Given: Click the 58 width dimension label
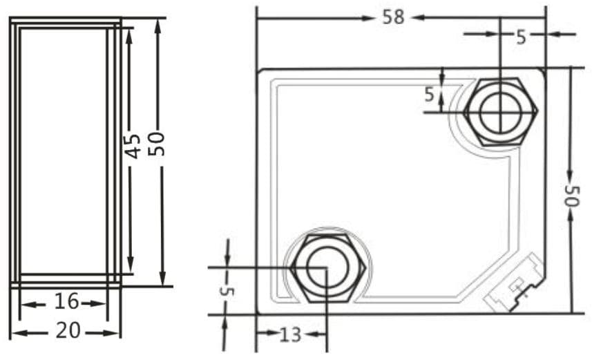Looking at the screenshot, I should tap(393, 17).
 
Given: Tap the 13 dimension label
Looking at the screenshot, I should tap(291, 335).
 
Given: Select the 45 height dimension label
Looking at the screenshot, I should tap(133, 146).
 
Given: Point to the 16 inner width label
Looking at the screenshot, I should tap(67, 302).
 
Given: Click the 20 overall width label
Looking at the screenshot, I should tap(67, 332).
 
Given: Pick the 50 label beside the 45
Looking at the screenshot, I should tap(158, 144).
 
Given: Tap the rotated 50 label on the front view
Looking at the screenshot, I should tap(571, 196).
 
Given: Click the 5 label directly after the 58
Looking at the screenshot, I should tap(522, 37).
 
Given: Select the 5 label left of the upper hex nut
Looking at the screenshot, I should tap(430, 94).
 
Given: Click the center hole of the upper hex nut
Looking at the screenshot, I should tap(499, 111).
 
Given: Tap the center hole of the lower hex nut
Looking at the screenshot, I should tap(326, 267).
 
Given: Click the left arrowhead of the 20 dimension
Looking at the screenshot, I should tap(15, 332).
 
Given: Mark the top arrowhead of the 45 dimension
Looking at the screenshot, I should tap(129, 33).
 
